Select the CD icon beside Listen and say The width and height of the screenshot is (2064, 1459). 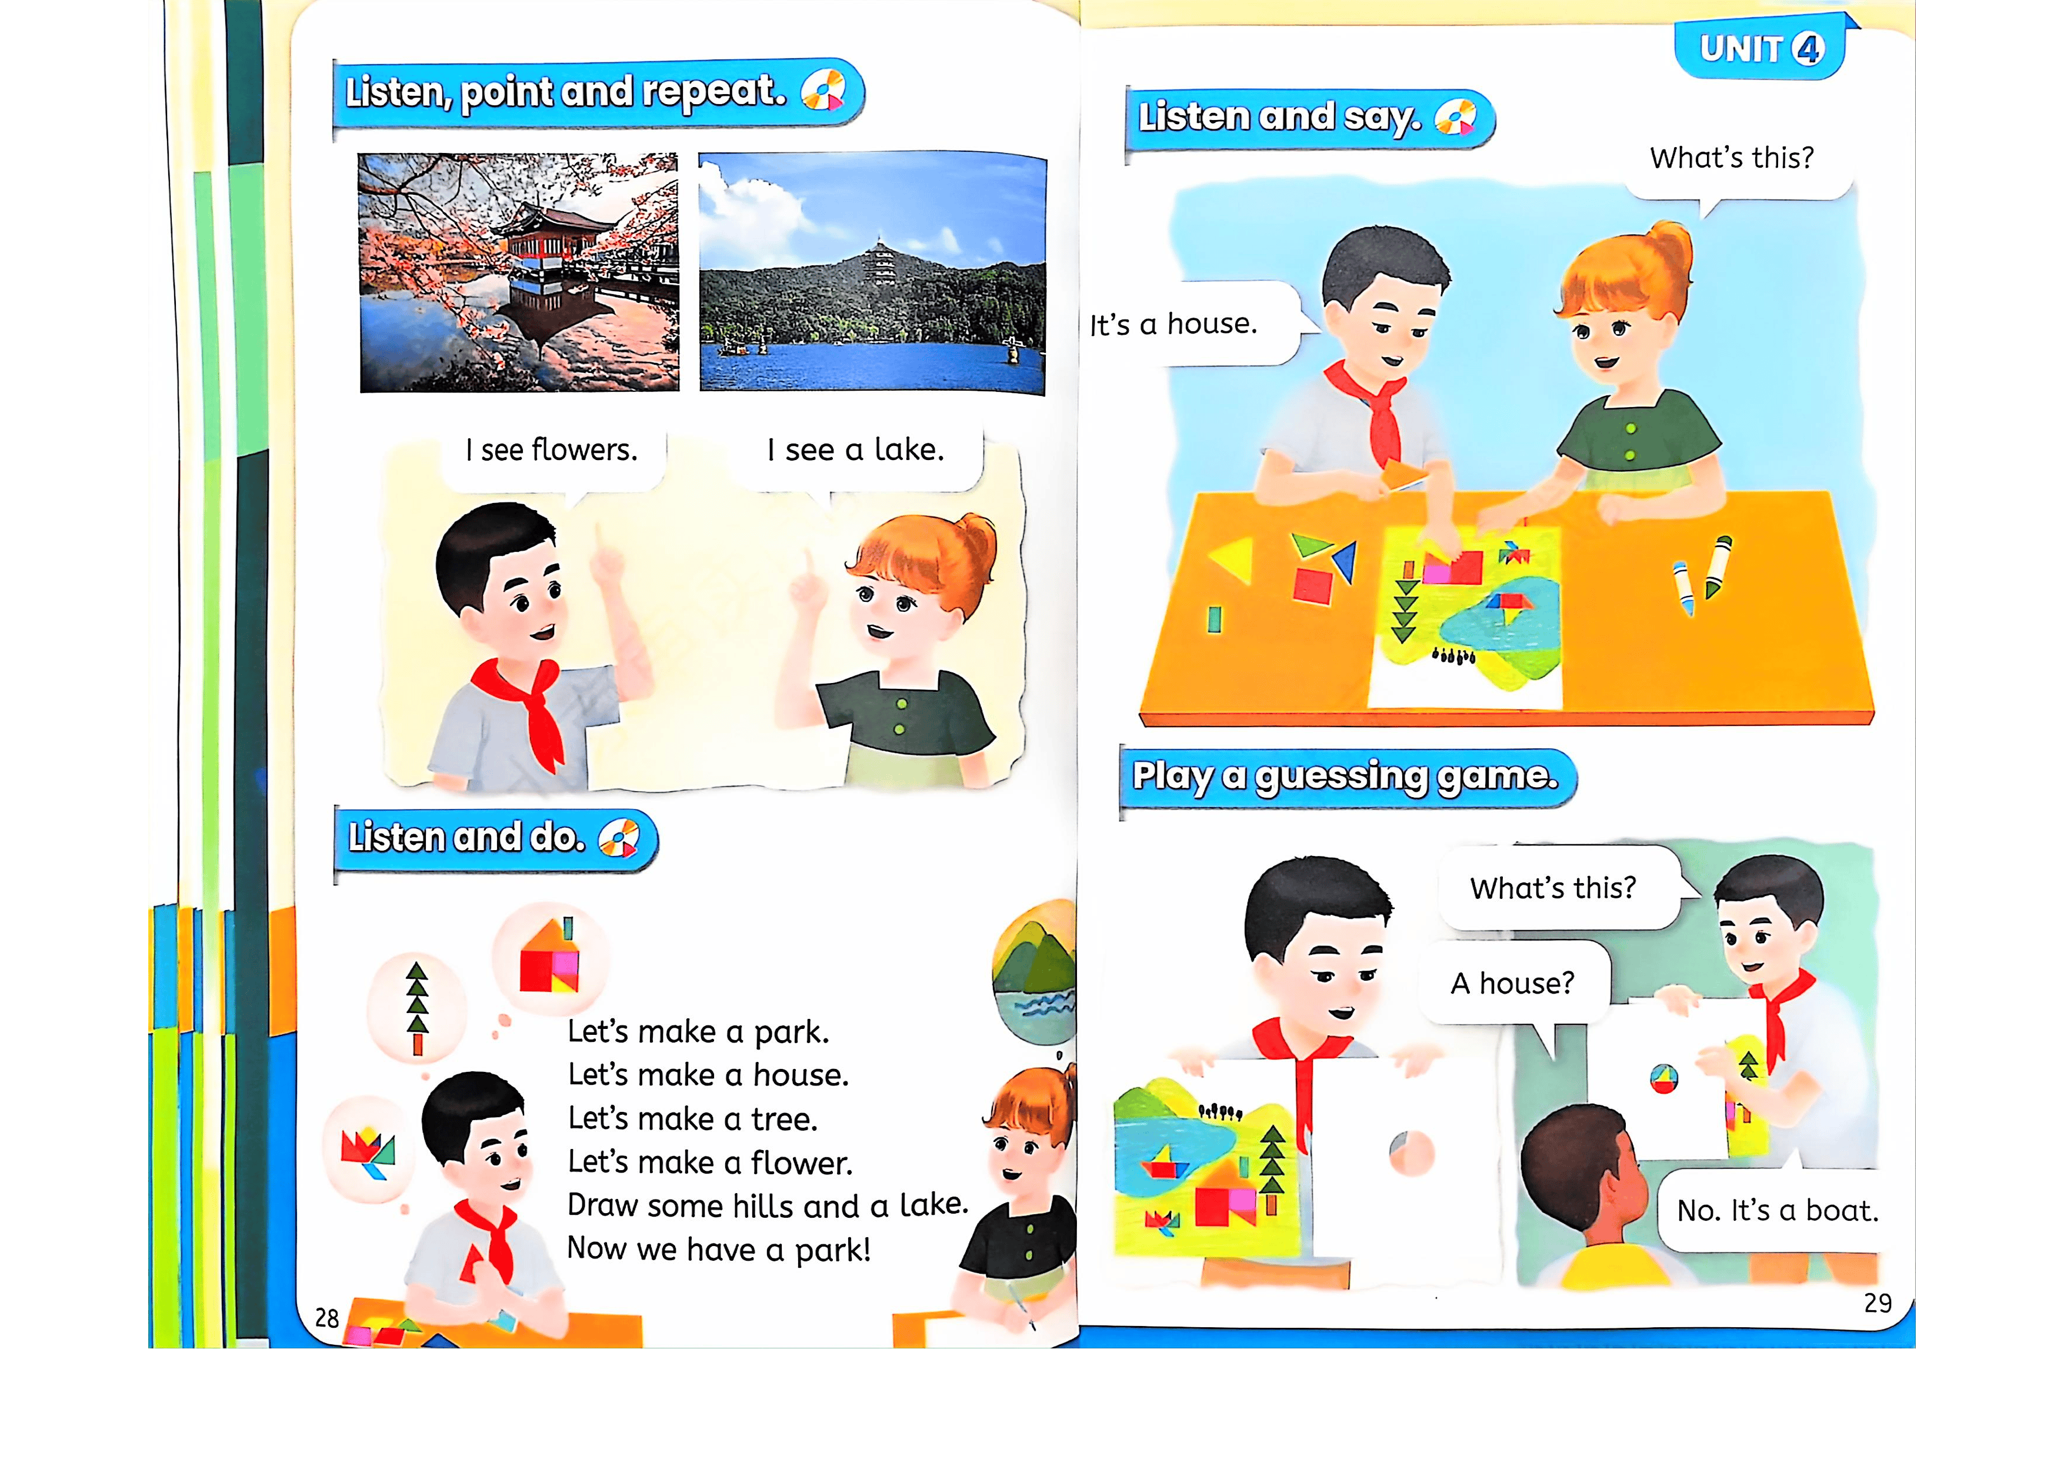pos(1455,118)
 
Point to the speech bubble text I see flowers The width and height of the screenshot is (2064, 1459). pos(551,449)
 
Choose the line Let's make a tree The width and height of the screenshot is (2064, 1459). pos(692,1118)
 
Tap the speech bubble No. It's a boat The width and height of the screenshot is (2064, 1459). pos(1777,1210)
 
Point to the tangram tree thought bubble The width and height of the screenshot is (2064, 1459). pos(417,1007)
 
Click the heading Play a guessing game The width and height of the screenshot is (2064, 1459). pos(1345,776)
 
